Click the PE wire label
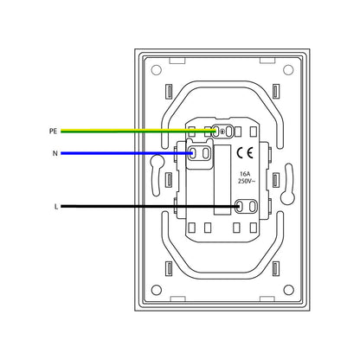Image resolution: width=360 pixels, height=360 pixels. coord(53,132)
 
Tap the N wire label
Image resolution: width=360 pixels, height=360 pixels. coord(55,153)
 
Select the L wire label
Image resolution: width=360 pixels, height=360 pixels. coord(56,207)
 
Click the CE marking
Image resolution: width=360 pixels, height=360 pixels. coord(245,152)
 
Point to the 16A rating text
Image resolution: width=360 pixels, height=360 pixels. coord(245,174)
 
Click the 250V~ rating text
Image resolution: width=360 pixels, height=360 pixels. coord(247,181)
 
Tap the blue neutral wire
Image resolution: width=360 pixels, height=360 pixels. coord(126,153)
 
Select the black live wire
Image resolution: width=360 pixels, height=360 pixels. coord(150,206)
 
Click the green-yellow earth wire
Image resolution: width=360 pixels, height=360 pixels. coord(138,132)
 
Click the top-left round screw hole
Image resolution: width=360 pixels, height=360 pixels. coord(156,70)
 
